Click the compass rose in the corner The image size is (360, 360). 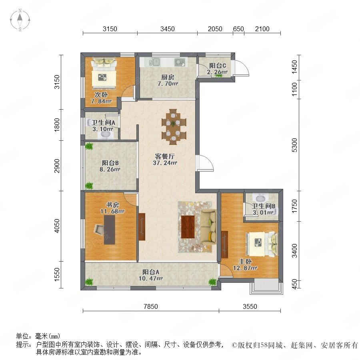pos(20,20)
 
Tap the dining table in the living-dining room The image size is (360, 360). pos(174,127)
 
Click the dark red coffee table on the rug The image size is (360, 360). pos(188,227)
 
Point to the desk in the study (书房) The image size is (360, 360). pos(110,230)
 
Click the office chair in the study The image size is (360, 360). pos(99,230)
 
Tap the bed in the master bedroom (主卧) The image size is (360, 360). pos(262,244)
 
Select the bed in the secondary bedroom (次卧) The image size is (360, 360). pos(104,73)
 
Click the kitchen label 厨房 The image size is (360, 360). pos(168,77)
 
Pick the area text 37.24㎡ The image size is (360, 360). pos(165,163)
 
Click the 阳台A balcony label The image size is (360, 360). pos(151,272)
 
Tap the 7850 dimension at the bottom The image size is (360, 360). pos(151,306)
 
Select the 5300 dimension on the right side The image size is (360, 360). pos(294,145)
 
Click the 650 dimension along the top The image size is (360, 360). pos(238,29)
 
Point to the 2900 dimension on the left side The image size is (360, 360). pos(57,166)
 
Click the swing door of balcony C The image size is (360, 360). pos(241,68)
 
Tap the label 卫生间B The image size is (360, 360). pos(264,206)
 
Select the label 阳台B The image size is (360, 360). pos(110,163)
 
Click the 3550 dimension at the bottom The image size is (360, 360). pos(250,306)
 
